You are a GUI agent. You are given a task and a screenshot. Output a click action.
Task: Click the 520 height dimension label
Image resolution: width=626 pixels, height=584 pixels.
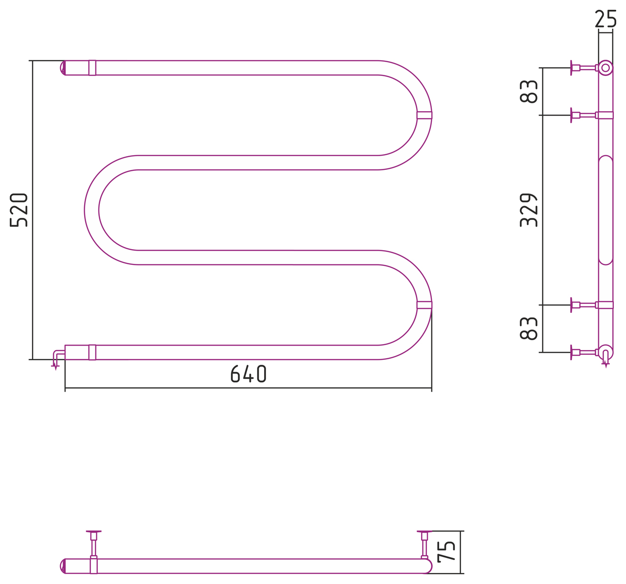[19, 210]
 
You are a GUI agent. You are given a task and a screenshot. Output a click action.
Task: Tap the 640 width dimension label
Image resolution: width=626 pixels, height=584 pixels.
[248, 374]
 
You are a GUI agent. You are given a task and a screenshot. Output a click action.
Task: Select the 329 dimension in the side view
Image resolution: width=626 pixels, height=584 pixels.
[528, 210]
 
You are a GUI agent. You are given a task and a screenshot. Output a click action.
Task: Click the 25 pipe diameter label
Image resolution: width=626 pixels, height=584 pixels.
[605, 19]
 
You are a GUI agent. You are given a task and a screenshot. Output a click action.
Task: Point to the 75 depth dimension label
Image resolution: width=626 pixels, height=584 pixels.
[447, 552]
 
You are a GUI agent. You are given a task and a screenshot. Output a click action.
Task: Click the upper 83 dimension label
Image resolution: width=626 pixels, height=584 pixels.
[528, 92]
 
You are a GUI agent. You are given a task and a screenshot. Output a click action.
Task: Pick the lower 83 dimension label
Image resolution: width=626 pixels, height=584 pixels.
[528, 328]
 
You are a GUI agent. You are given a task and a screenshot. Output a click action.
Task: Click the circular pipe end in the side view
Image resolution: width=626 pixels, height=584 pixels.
[605, 68]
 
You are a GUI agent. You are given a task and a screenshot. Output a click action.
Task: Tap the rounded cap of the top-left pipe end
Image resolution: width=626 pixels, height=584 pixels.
[63, 68]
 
